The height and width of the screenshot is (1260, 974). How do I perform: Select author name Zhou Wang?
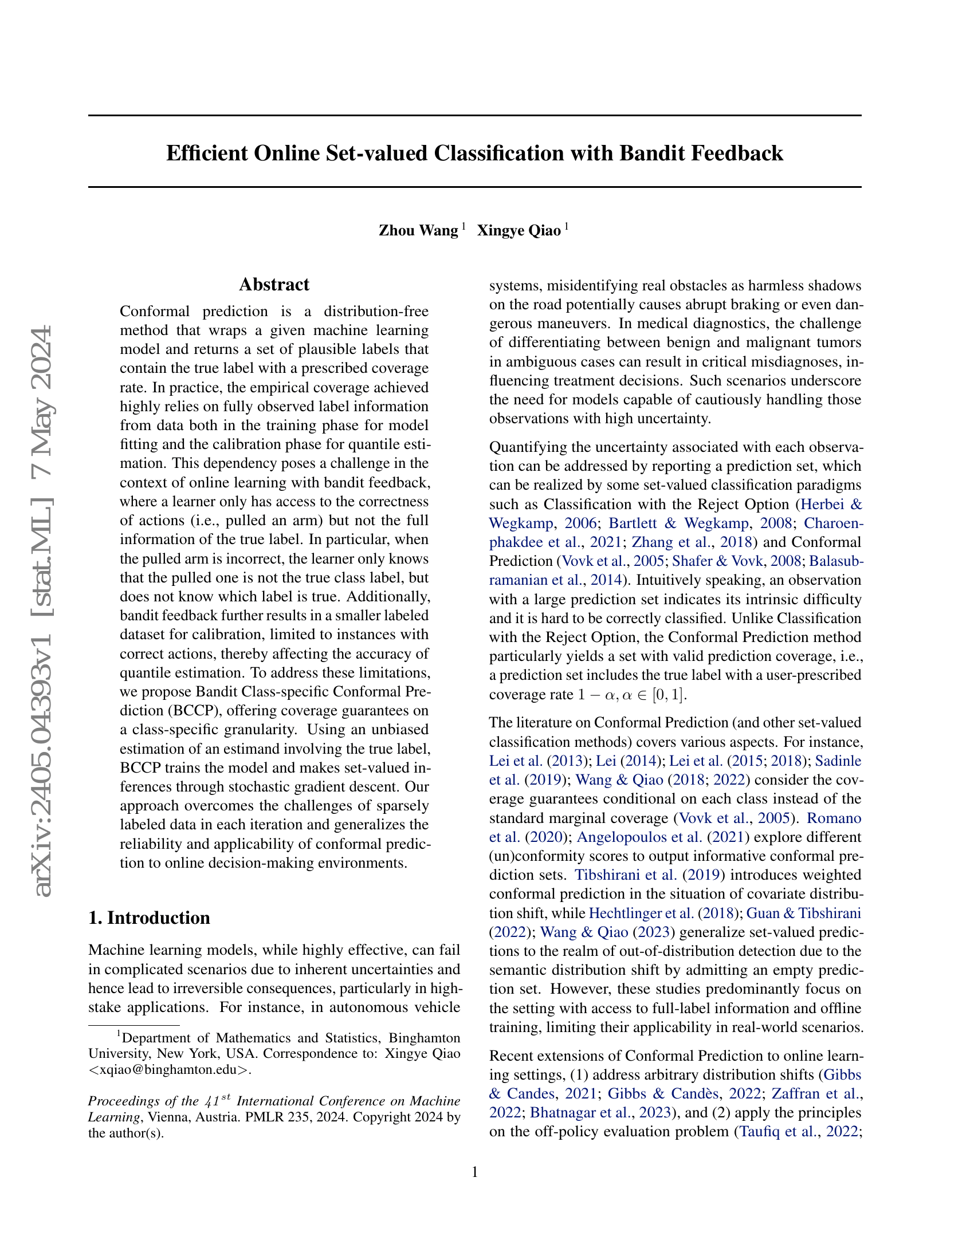point(418,231)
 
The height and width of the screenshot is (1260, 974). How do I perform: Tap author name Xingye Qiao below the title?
point(519,231)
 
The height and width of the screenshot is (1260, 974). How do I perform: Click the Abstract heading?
point(274,285)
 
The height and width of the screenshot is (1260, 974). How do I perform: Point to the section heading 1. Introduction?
point(149,918)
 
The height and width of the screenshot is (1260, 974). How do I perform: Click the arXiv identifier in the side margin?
point(43,612)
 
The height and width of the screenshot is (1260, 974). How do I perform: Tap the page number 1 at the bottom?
point(475,1172)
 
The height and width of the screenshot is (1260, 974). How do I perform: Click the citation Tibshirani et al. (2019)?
point(648,875)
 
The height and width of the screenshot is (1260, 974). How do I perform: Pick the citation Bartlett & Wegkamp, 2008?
point(700,523)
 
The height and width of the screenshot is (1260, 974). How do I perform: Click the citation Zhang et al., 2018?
point(693,542)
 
